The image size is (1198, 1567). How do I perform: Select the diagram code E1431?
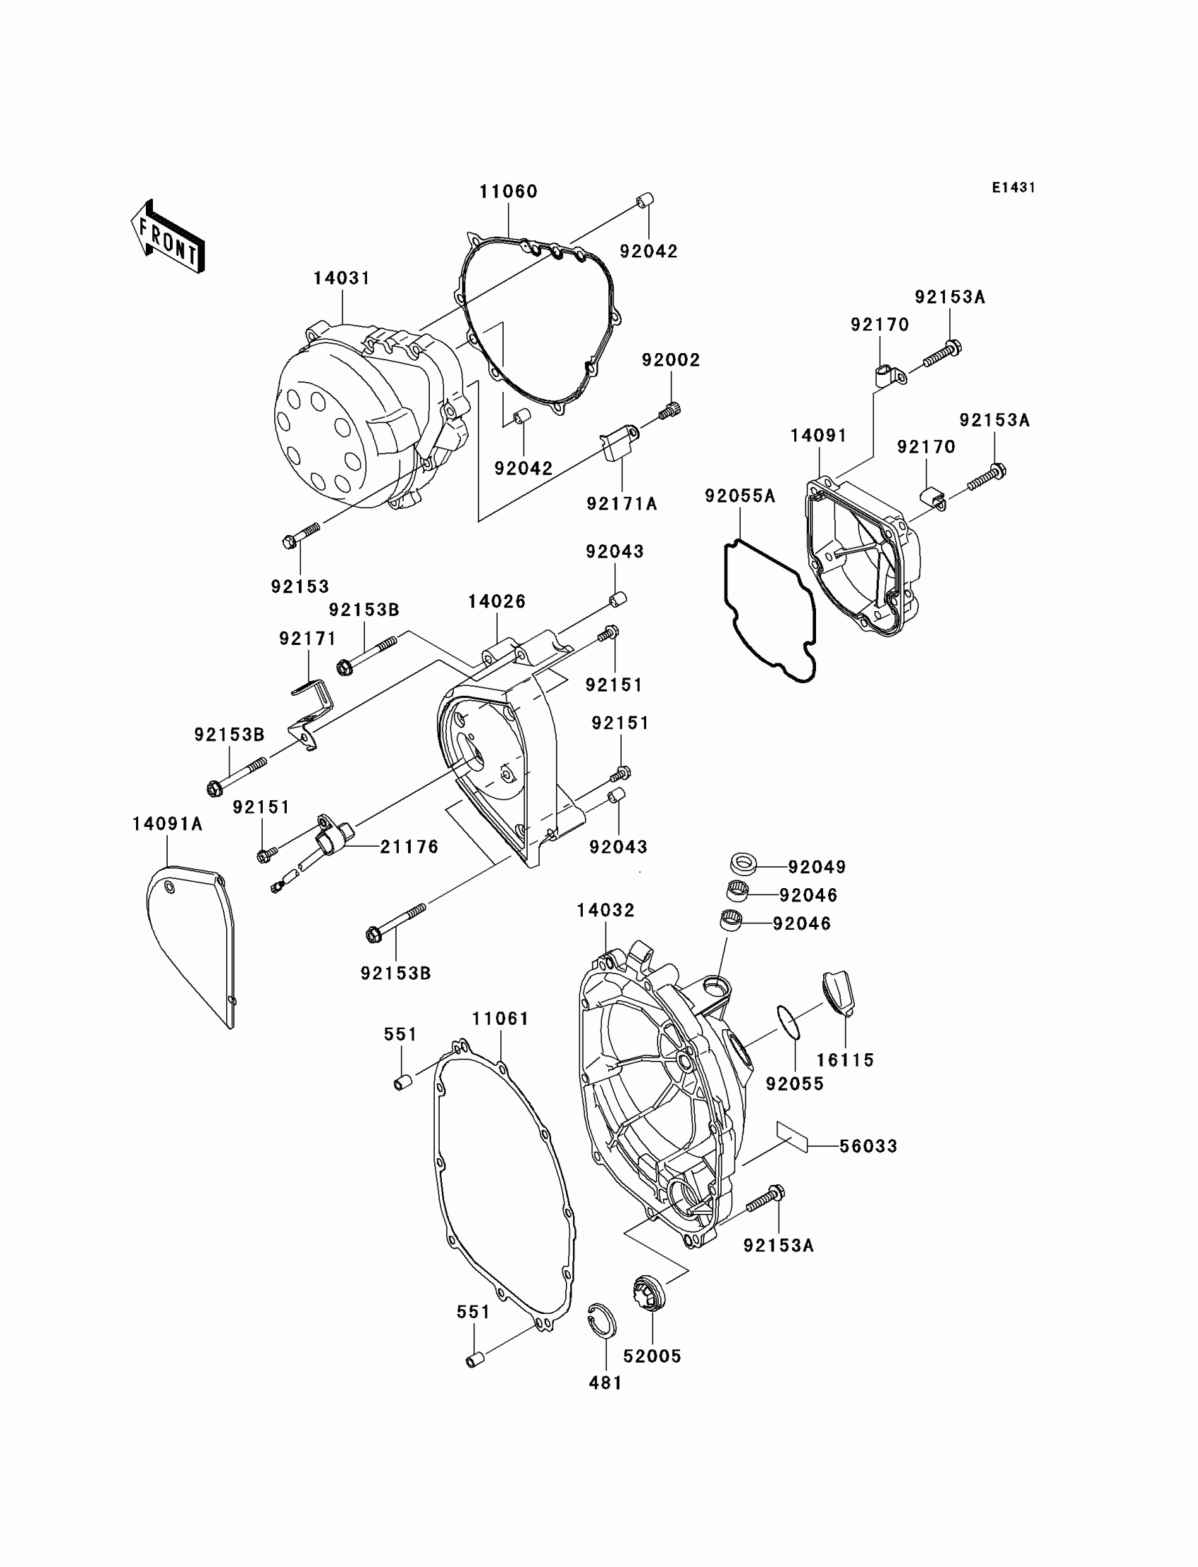(x=1013, y=188)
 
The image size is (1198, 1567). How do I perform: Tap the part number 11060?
(x=507, y=192)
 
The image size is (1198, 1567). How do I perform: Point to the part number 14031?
(x=342, y=278)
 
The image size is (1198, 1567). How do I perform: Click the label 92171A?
(x=622, y=503)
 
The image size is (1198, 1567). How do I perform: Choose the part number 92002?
(x=670, y=360)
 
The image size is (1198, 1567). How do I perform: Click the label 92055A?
(x=739, y=496)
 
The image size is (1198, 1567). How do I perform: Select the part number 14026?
(x=496, y=601)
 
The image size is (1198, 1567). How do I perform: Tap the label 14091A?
(x=168, y=824)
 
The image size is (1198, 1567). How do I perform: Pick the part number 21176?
(x=409, y=847)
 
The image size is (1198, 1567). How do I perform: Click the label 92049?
(x=817, y=866)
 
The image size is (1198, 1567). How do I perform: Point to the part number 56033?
(x=867, y=1146)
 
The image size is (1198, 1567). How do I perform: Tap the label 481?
(x=605, y=1382)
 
